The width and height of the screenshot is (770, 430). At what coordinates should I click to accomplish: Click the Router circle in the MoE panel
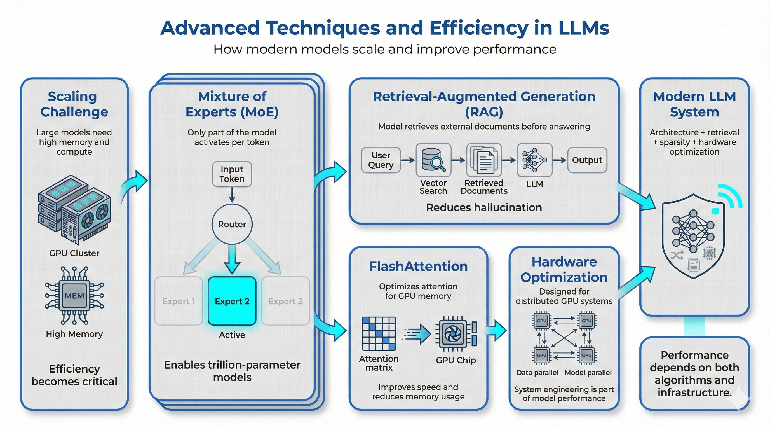[232, 224]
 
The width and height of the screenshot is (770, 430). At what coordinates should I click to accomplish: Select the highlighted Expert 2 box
[232, 301]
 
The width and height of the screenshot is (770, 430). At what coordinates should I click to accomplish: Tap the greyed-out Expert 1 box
[179, 301]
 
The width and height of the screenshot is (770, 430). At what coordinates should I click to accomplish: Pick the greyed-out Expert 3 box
[285, 301]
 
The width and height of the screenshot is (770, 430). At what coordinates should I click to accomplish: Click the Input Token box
[232, 174]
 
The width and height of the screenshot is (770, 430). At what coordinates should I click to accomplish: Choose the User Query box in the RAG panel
[381, 160]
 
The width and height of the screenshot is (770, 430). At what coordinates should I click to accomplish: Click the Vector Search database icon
[433, 160]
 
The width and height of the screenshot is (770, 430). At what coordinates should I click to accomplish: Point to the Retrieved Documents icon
[484, 160]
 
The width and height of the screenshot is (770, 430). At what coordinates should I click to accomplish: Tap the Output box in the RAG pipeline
[587, 160]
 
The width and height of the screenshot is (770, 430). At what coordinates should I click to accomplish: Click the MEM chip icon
[74, 295]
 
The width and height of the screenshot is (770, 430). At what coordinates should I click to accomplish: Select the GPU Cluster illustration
[74, 209]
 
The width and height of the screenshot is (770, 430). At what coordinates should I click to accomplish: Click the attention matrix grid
[379, 334]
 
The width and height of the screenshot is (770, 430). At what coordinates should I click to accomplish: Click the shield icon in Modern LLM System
[693, 236]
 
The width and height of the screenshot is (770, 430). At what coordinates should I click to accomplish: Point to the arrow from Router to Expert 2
[232, 259]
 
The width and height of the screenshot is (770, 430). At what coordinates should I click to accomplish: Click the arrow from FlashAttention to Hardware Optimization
[496, 330]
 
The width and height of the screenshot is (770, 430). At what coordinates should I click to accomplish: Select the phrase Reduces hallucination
[484, 207]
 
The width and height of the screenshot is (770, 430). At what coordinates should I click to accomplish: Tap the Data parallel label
[537, 373]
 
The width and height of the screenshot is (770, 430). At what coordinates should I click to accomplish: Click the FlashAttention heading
[418, 266]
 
